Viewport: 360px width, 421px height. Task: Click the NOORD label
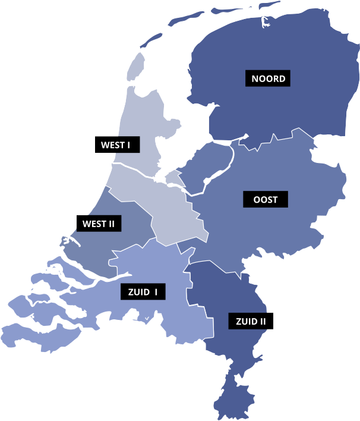(x=268, y=78)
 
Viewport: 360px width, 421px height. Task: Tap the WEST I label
(x=116, y=144)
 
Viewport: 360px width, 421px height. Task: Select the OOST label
(x=265, y=199)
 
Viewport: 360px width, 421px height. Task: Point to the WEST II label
(x=99, y=224)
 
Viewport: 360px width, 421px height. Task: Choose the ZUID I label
(x=143, y=291)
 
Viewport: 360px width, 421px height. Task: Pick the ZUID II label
(x=251, y=322)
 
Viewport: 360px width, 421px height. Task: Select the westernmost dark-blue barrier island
(x=149, y=41)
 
